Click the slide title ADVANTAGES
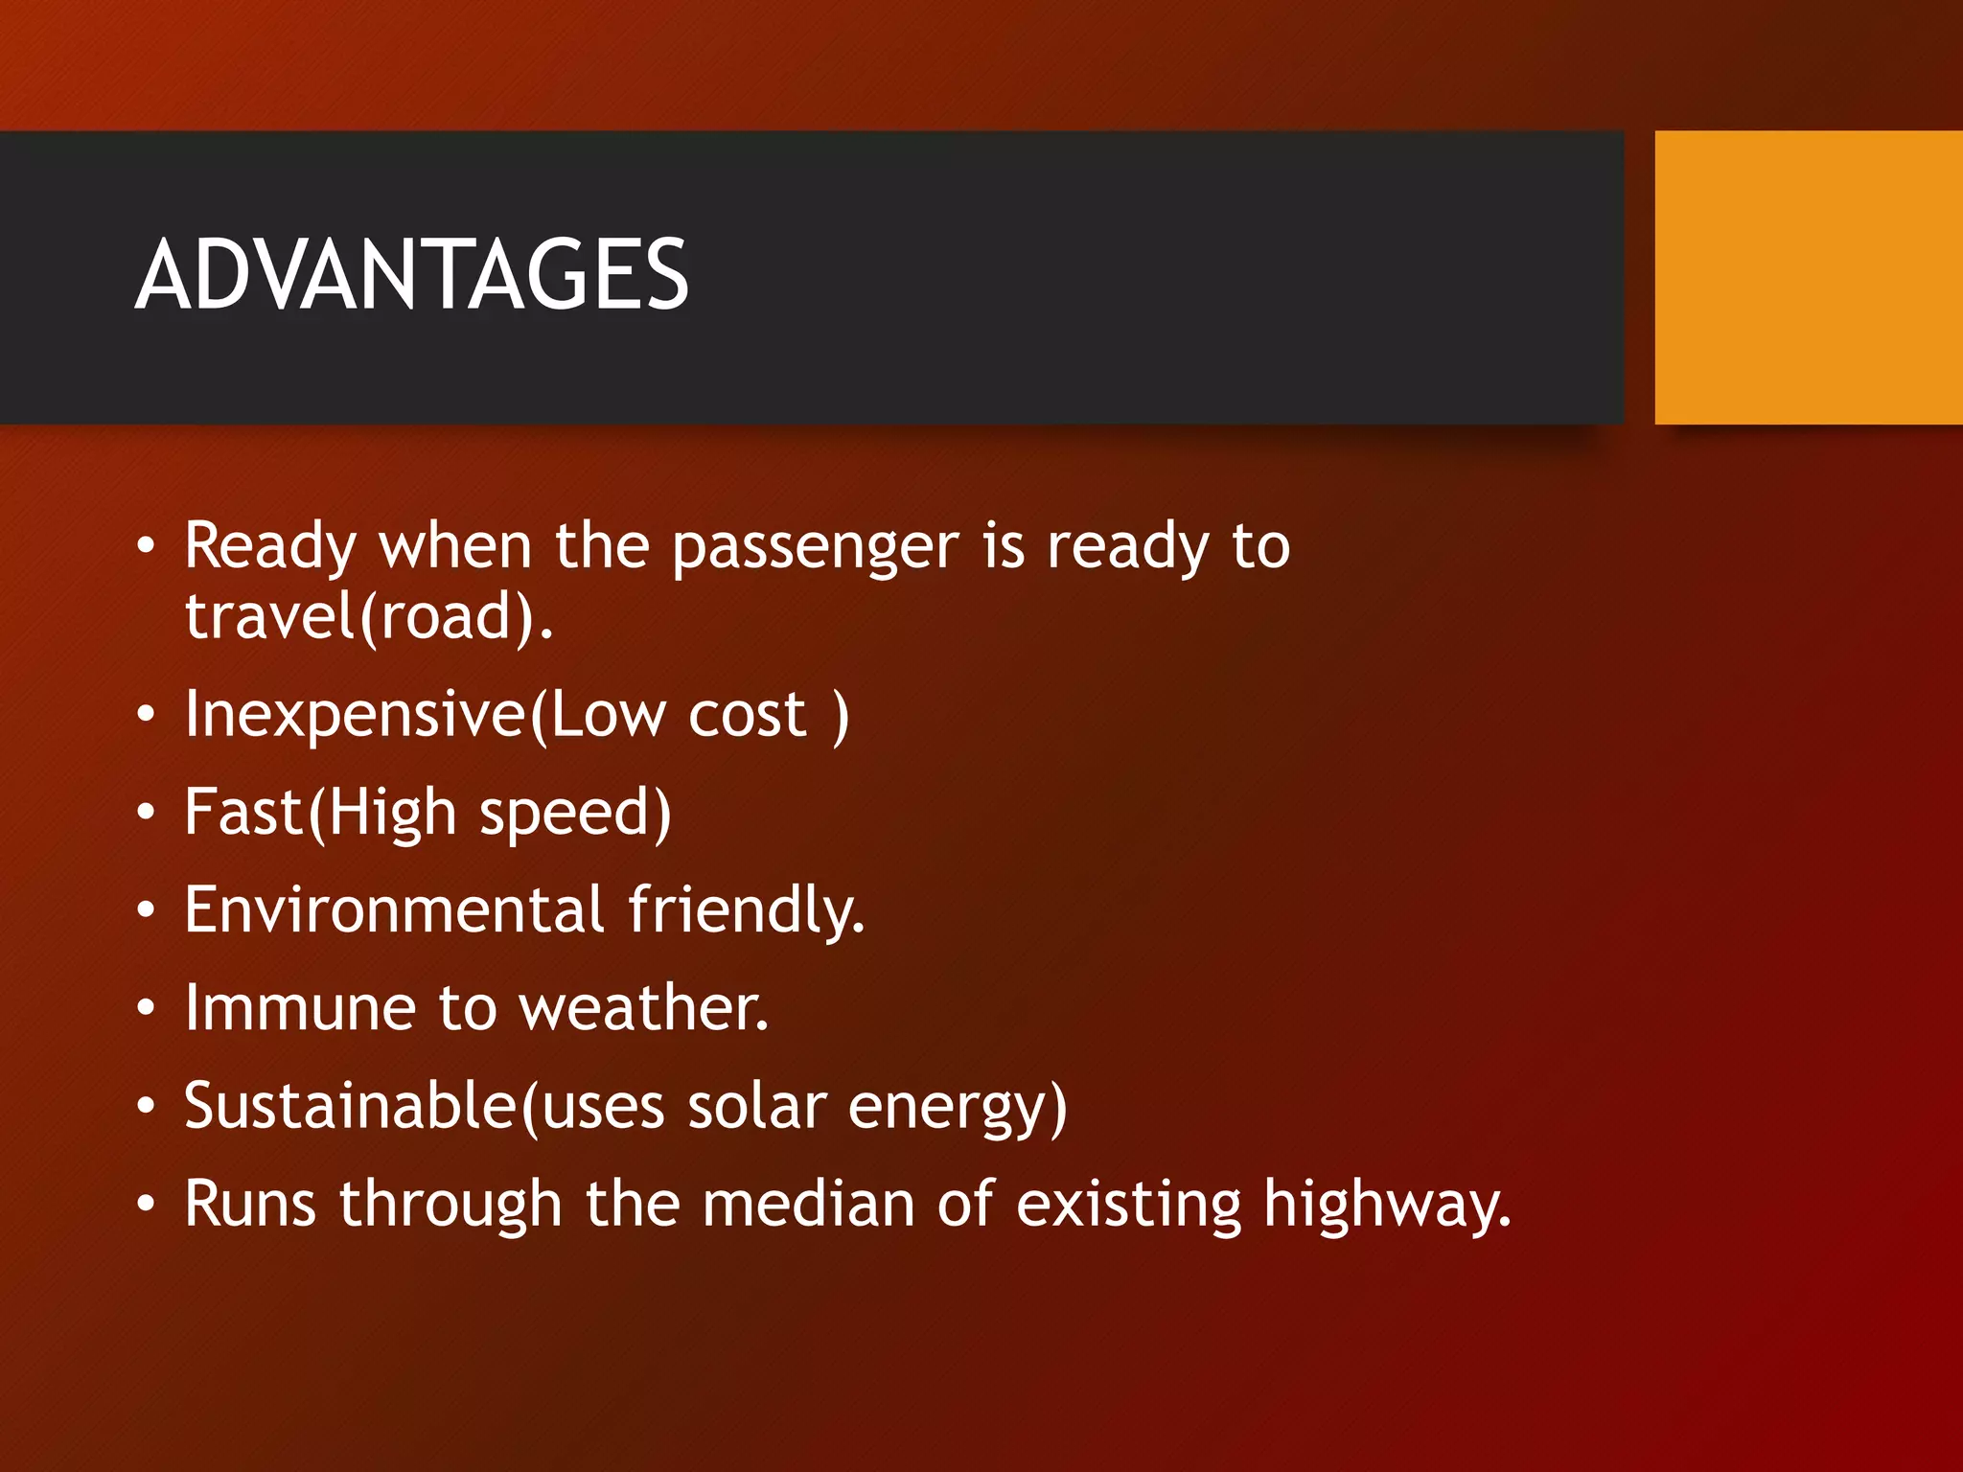411,275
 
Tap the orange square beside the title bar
1808,277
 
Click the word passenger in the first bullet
815,547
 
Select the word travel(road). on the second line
369,617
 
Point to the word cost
748,715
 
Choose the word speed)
575,814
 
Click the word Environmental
394,909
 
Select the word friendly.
747,909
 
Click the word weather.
643,1008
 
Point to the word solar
756,1106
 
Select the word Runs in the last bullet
249,1204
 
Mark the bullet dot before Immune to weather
146,1008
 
